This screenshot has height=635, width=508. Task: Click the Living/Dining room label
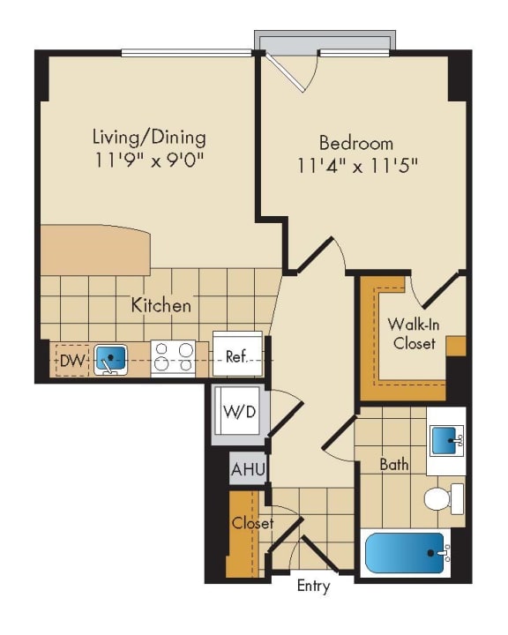[149, 138]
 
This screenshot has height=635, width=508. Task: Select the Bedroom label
[356, 142]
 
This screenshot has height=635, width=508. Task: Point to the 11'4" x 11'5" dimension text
[356, 165]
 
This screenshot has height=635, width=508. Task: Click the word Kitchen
[161, 306]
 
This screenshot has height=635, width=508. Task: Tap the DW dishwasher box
[71, 360]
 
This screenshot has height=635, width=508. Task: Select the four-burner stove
[173, 358]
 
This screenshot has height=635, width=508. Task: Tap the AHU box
[248, 468]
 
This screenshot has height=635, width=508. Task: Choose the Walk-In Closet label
[413, 334]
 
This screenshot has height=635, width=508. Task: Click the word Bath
[393, 463]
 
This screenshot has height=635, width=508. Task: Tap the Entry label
[313, 586]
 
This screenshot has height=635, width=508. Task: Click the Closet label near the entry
[252, 524]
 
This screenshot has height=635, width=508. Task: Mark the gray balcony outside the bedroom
[324, 41]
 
